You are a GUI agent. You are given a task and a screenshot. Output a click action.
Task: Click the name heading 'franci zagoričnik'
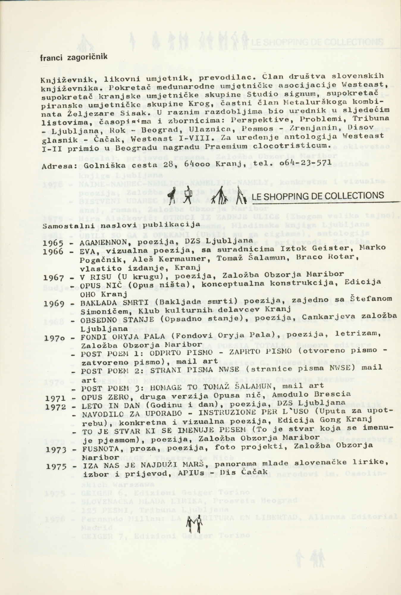click(73, 57)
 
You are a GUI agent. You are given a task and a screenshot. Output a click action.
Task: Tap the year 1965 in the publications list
click(53, 243)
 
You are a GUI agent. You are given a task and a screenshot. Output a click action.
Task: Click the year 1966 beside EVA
click(53, 252)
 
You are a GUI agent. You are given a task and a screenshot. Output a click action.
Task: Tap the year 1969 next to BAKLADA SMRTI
click(54, 304)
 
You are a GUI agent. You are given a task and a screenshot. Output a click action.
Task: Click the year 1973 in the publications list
click(56, 449)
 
